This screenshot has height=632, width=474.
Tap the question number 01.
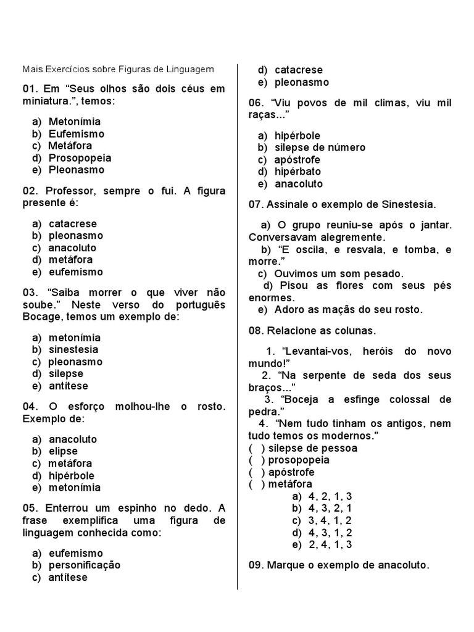(30, 89)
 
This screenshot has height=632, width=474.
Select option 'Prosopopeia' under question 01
(80, 158)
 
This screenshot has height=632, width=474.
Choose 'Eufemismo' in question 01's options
(77, 134)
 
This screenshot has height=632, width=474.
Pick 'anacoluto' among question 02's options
(73, 248)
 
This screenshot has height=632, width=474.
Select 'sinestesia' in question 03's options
(73, 350)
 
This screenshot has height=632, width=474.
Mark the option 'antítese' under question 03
(69, 386)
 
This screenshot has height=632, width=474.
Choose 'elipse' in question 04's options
(63, 452)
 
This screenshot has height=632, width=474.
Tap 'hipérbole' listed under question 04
(72, 476)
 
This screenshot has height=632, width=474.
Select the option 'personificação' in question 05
(85, 565)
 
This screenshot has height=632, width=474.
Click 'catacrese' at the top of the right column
(299, 70)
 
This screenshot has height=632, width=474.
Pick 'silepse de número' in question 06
(320, 148)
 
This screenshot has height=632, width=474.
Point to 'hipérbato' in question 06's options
(297, 172)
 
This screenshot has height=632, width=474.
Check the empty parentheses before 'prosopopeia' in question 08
(257, 460)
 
